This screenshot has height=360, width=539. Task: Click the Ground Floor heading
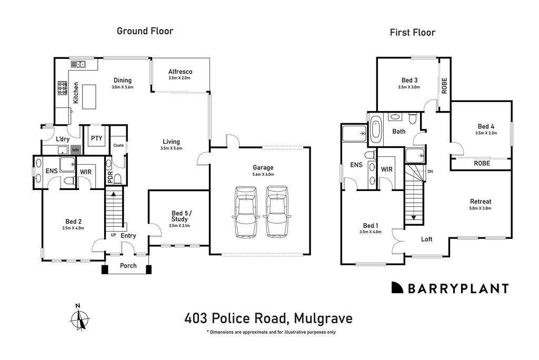[145, 31]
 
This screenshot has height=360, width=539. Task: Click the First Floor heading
[412, 33]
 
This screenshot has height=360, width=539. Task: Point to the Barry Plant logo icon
[397, 288]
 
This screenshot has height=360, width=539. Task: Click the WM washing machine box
[76, 149]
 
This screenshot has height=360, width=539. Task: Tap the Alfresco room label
[180, 72]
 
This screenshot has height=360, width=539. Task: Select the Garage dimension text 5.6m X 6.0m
[263, 174]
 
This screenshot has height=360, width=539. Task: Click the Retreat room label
[481, 202]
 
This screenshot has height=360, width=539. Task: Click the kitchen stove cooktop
[62, 87]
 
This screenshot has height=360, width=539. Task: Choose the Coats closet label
[118, 145]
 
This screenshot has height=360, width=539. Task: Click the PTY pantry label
[96, 138]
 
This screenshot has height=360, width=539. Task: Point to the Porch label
[128, 265]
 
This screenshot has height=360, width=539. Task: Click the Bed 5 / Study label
[179, 216]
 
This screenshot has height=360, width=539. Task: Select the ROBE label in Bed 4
[482, 164]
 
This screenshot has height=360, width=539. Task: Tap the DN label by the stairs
[431, 171]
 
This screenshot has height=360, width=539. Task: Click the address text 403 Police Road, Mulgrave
[268, 318]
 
